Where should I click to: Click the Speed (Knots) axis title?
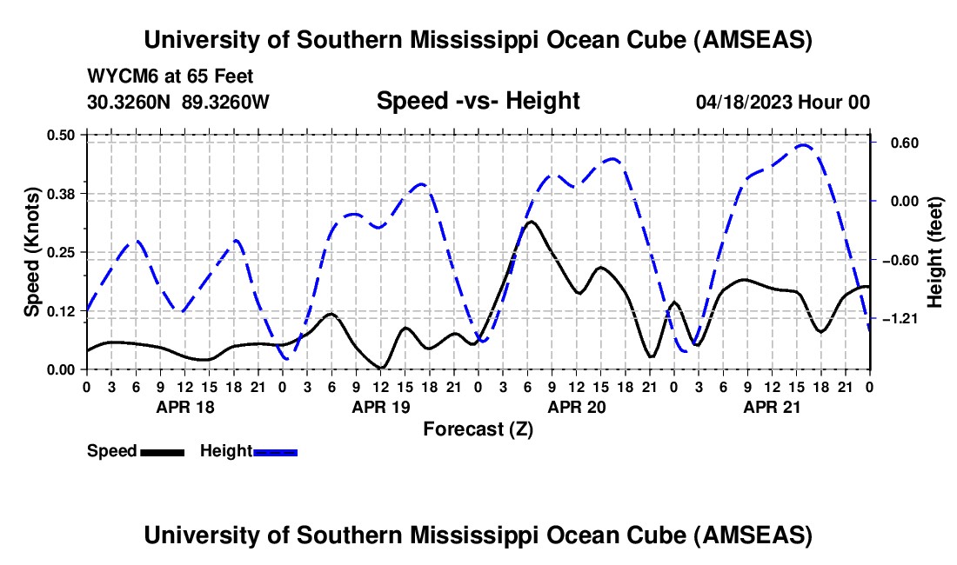coord(31,252)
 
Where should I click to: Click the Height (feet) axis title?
coord(935,252)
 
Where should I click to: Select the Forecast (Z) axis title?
coord(478,429)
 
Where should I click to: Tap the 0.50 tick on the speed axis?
coord(61,135)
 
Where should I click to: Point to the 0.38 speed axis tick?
coord(61,193)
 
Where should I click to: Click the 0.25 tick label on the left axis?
coord(61,252)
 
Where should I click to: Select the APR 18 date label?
coord(184,406)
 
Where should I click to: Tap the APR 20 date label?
coord(576,406)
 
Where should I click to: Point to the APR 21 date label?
coord(772,406)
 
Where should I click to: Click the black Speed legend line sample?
coord(162,451)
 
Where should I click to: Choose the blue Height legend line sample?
coord(276,451)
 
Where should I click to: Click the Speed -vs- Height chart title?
coord(478,101)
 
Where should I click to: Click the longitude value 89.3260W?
coord(226,102)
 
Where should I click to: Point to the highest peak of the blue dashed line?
coord(804,145)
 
